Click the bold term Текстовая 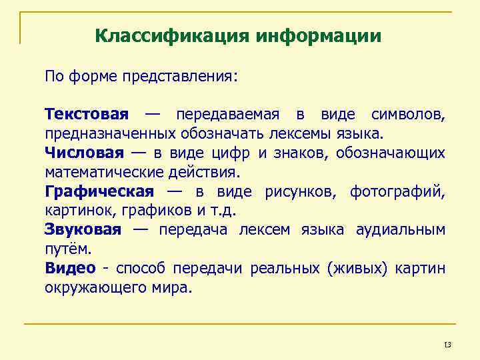click(87, 115)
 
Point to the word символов click(408, 115)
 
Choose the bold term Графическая click(99, 192)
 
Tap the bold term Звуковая click(83, 230)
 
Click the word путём click(66, 249)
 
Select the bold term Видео click(70, 269)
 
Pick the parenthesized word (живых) click(351, 269)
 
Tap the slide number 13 click(447, 345)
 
